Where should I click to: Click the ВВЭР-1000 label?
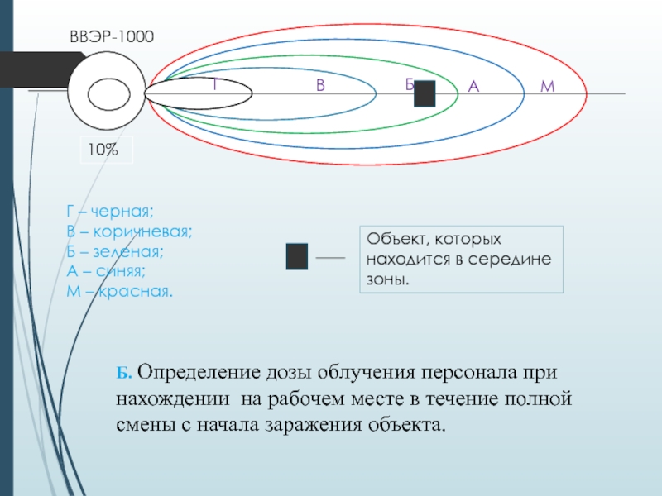[112, 36]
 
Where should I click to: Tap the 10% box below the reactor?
[105, 150]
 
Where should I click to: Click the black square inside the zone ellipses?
[425, 93]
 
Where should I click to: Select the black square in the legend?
[296, 256]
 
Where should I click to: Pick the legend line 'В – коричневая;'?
[130, 231]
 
